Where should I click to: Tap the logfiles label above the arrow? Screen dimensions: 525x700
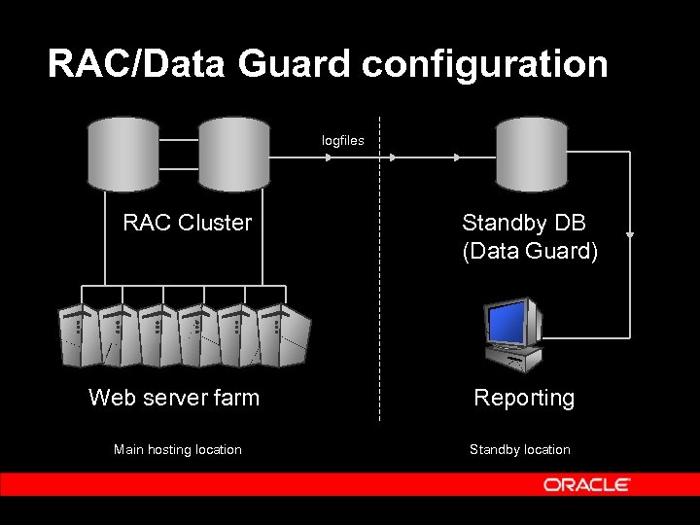(x=343, y=140)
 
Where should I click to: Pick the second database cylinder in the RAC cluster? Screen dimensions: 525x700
(x=233, y=155)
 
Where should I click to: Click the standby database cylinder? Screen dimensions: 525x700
(x=531, y=155)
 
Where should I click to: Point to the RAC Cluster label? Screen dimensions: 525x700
(x=187, y=223)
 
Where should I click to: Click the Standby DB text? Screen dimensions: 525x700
(x=516, y=223)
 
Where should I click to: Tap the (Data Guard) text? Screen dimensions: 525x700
(x=530, y=251)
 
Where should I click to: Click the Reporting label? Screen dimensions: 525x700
(x=523, y=398)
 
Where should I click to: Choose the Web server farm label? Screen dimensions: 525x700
(x=174, y=397)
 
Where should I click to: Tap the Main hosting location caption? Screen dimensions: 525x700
(x=177, y=449)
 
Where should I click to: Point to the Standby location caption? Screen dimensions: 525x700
(x=519, y=449)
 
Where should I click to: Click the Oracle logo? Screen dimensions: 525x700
(x=586, y=484)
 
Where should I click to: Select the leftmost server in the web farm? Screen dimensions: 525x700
(x=77, y=334)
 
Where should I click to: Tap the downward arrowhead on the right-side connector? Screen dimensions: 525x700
(x=630, y=234)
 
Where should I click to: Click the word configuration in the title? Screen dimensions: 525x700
(x=485, y=64)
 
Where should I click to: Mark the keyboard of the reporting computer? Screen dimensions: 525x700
(x=519, y=362)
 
